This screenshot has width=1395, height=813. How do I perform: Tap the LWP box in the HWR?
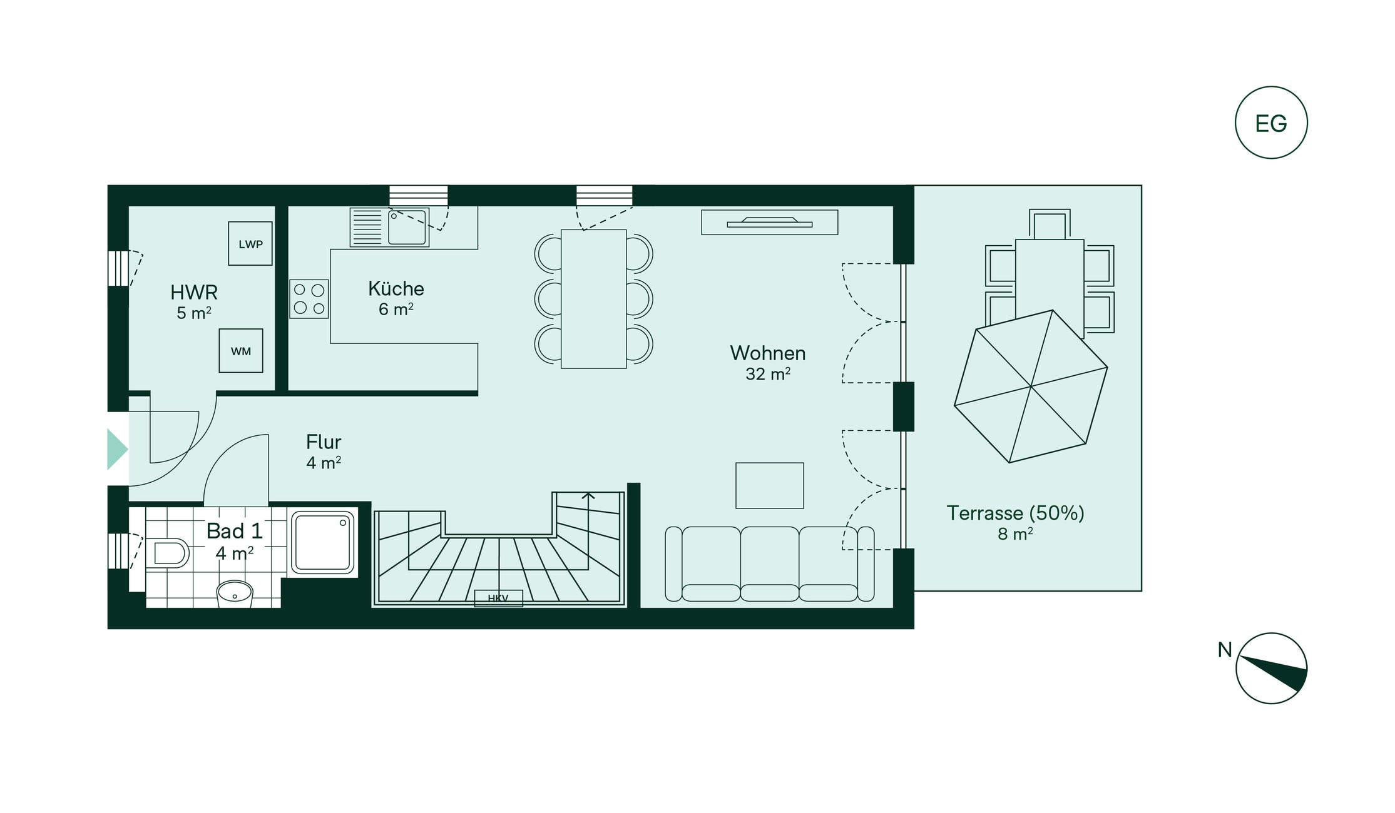250,243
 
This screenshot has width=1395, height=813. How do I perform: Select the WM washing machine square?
241,351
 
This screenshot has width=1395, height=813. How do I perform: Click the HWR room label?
194,292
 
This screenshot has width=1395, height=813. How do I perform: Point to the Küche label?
396,288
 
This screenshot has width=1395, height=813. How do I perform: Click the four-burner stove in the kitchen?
309,299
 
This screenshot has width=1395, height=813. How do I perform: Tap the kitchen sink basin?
407,227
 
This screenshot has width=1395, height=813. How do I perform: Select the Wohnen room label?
768,353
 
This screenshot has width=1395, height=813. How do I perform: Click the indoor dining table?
594,299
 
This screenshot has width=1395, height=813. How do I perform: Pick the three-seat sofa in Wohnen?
770,564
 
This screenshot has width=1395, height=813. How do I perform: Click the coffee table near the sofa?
770,486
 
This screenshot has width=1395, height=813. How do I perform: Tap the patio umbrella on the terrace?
1031,386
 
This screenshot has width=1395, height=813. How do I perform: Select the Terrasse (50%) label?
1015,513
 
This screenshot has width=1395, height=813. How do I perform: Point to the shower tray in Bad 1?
323,542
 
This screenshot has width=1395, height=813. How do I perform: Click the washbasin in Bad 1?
235,593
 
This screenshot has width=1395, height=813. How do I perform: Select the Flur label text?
324,442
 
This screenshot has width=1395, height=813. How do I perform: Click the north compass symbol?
1272,668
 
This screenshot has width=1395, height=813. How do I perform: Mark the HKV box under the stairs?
498,598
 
